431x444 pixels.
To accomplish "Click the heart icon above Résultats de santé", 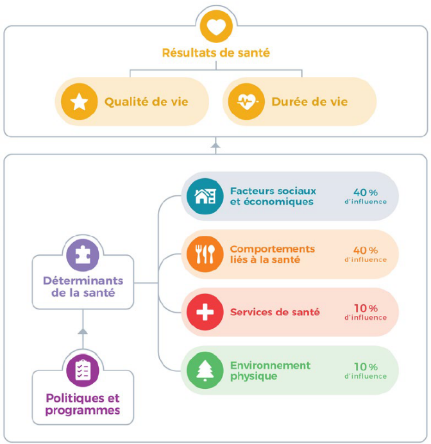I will coord(216,27).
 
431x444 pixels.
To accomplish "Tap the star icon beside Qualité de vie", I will coord(78,102).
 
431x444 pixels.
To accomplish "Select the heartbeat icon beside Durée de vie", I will coord(246,102).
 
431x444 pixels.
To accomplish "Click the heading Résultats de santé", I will coord(216,53).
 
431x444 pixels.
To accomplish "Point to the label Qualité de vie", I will coord(146,102).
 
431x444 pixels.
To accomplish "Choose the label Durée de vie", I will coord(310,102).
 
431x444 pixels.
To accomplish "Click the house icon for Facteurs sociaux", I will coord(205,195).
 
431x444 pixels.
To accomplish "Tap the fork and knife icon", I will coord(205,254).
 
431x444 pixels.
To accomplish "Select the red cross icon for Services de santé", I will coord(205,312).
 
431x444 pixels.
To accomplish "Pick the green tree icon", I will coord(205,370).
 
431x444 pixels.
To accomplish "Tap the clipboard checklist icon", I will coord(83,369).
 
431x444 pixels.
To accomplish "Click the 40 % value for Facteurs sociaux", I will coord(366,192).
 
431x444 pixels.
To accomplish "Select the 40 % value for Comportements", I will coord(366,250).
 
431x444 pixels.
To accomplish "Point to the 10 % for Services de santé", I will coord(366,308).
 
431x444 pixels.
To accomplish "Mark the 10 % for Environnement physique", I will coord(366,366).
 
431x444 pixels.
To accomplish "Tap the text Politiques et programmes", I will coord(83,404).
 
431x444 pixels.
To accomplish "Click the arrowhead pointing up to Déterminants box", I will coord(82,331).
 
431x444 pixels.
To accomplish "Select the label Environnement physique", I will coord(270,370).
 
